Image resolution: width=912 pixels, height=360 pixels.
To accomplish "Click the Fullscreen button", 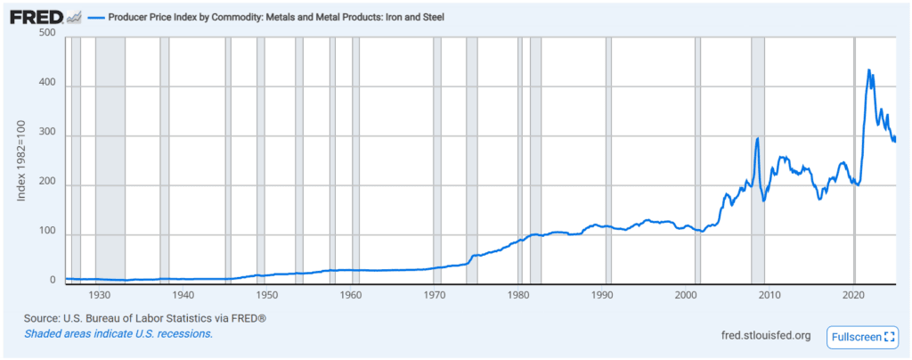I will point(861,337).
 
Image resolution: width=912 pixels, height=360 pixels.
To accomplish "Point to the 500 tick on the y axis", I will point(48,34).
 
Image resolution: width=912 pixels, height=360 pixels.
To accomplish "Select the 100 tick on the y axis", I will point(48,234).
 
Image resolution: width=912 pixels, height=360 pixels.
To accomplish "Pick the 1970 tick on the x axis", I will point(435,295).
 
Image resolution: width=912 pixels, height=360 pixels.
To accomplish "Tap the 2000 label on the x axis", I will point(687,295).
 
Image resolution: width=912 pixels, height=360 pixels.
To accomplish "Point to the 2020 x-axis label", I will point(854,295).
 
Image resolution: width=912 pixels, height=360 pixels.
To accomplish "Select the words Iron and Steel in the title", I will point(414,17).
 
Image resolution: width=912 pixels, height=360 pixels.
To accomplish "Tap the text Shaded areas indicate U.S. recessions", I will point(118,333).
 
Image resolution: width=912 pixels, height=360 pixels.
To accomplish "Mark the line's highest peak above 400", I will point(868,70).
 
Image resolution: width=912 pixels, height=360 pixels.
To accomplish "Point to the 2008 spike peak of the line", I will point(757,138).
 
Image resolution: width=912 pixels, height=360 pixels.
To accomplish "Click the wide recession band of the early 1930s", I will point(110,160).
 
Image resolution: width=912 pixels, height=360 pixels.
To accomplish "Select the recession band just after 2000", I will point(697,160).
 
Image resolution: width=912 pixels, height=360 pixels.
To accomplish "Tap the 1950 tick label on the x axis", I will point(266,295).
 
